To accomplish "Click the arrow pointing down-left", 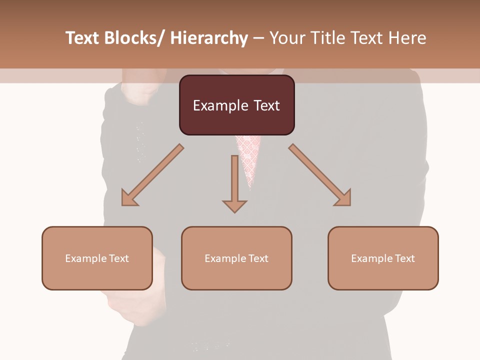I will coord(152,175).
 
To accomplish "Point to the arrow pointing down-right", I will coord(319,174).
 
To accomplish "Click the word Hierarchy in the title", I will coord(209,38).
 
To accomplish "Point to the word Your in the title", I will coord(287,38).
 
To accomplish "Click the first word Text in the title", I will coord(82,38).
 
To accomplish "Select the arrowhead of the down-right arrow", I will coord(343,198).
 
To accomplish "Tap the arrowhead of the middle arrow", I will coord(234,205).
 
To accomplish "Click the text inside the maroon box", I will coord(236,105).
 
